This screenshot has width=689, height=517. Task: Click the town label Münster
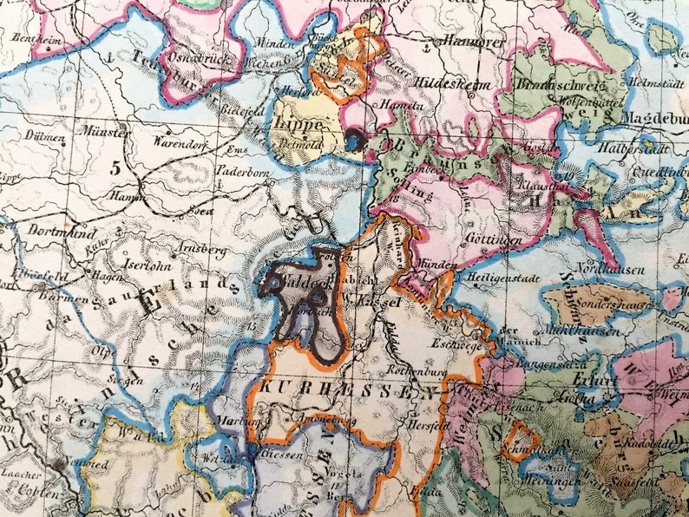tap(105, 131)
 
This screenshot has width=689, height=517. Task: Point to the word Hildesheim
tap(454, 85)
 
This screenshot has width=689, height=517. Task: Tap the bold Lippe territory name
tap(298, 123)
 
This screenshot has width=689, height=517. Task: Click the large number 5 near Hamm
tap(115, 168)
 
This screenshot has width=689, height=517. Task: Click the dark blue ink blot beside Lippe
tap(355, 139)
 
